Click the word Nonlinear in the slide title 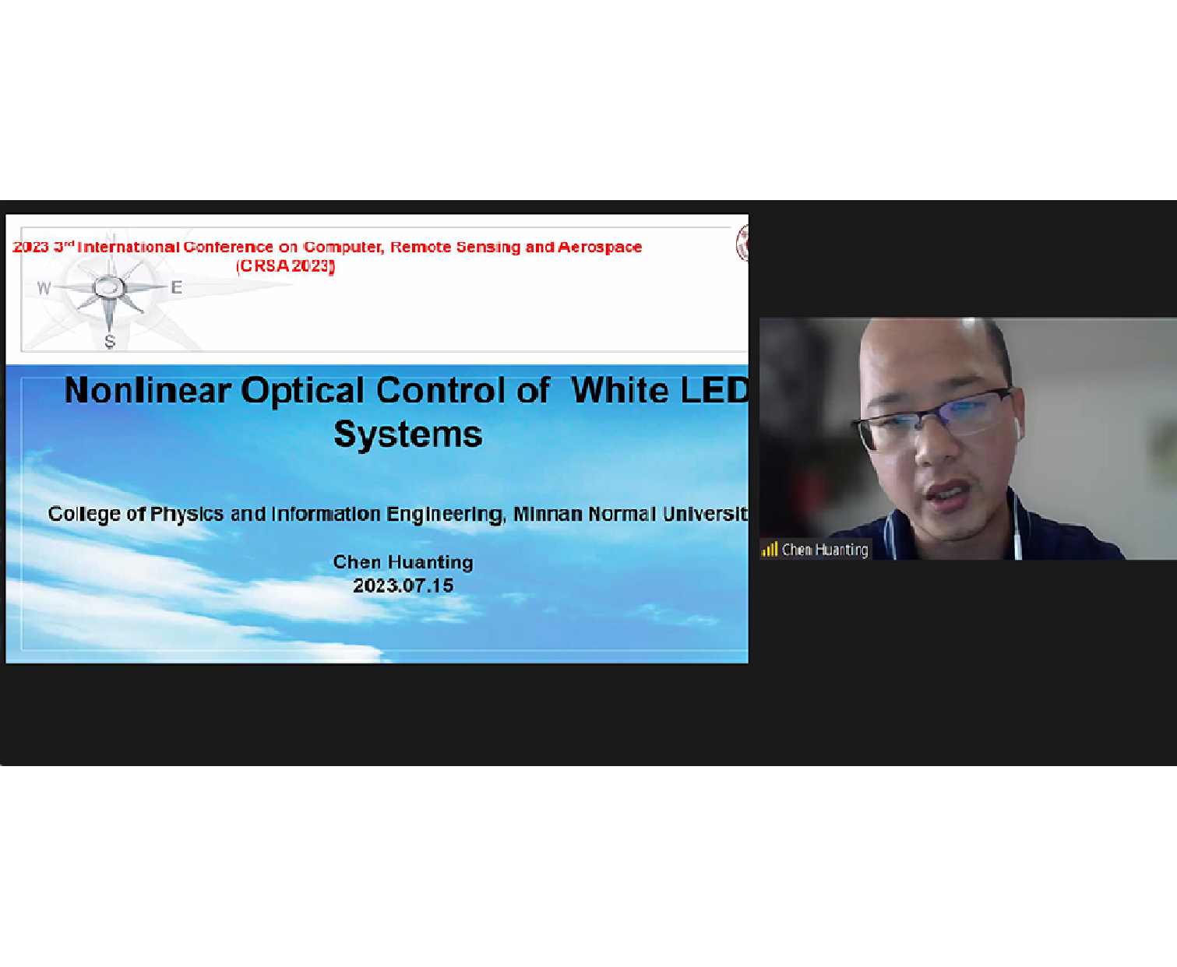(x=147, y=390)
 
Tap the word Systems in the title (x=408, y=434)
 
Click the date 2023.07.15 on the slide (x=403, y=586)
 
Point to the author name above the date (x=403, y=562)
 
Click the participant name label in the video (x=825, y=550)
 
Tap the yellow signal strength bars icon (x=770, y=550)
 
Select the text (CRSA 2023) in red (x=285, y=266)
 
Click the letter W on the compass (x=44, y=289)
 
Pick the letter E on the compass (x=176, y=287)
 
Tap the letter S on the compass (x=110, y=342)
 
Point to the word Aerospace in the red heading (x=600, y=247)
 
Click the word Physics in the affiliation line (x=186, y=514)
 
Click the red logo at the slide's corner (x=742, y=243)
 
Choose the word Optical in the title (x=302, y=391)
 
